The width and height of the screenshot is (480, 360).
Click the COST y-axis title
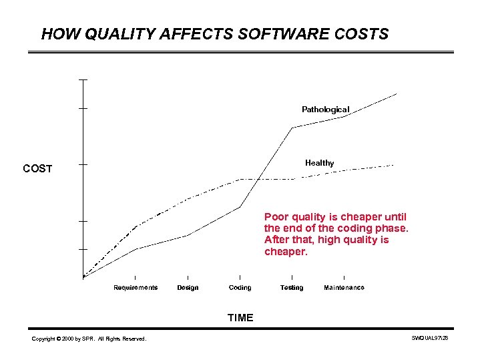pos(37,169)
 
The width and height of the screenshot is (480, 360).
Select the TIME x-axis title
pos(240,318)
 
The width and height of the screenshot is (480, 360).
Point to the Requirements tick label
pos(136,288)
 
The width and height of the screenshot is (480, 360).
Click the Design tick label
pos(188,288)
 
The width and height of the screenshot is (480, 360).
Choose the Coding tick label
pos(240,288)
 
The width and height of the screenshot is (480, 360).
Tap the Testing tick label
pos(292,288)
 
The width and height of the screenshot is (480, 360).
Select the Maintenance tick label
pos(344,288)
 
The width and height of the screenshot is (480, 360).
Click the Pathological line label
pos(325,110)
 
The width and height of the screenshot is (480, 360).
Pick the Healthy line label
pos(319,163)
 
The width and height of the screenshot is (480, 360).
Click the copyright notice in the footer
pos(89,339)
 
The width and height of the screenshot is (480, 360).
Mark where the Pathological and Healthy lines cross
pos(258,179)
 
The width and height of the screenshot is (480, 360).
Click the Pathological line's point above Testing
pos(292,128)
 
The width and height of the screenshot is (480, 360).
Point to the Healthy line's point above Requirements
pos(136,227)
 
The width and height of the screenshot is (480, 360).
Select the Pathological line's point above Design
pos(188,235)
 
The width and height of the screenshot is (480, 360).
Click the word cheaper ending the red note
pos(286,252)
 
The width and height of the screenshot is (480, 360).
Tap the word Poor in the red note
pos(276,217)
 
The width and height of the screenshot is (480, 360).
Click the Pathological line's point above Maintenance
pos(344,117)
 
